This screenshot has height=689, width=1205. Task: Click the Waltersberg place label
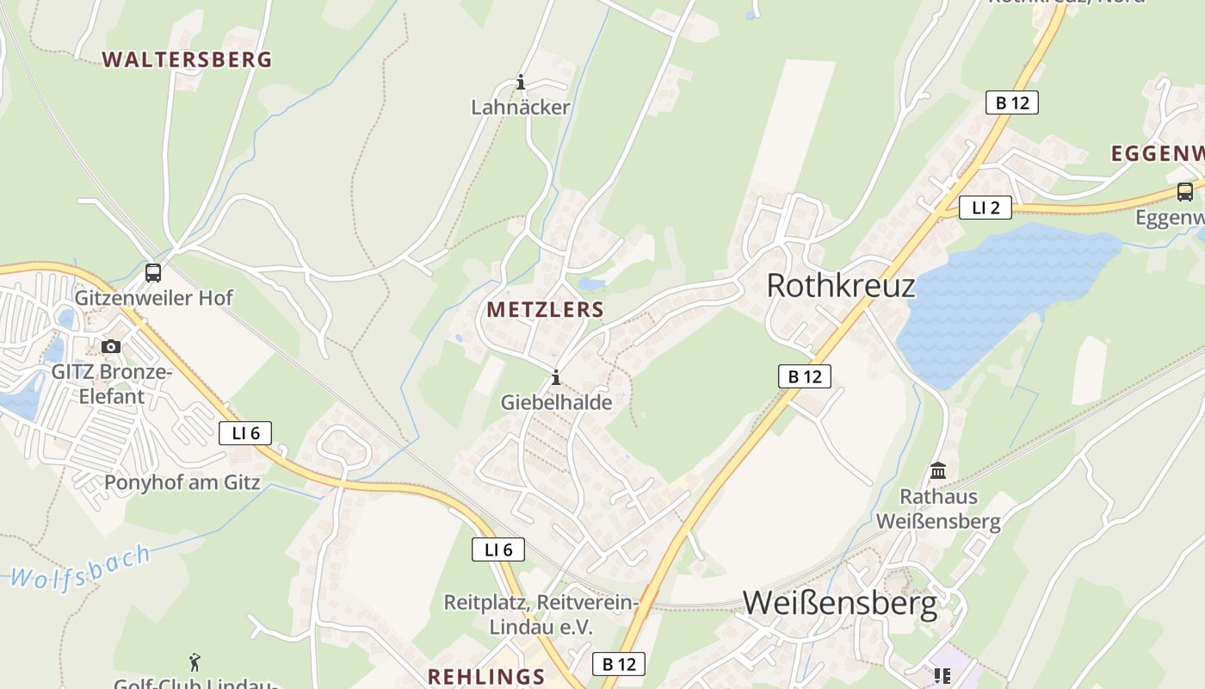tap(187, 59)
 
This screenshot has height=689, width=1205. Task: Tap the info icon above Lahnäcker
tap(520, 83)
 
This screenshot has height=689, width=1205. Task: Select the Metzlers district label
tap(545, 310)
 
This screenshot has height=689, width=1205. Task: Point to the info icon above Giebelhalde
tap(556, 377)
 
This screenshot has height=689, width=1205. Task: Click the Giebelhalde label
tap(556, 402)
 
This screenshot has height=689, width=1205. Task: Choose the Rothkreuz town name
tap(840, 285)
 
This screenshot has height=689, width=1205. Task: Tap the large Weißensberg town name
tap(839, 603)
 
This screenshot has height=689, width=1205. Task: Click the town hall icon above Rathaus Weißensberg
tap(938, 471)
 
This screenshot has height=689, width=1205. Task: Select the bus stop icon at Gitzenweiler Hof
tap(153, 273)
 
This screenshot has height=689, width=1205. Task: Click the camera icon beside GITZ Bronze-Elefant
tap(111, 346)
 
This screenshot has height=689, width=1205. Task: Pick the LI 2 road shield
tap(986, 208)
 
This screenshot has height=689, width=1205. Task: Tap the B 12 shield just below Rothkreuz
tap(805, 376)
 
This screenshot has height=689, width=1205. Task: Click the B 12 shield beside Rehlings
tap(619, 664)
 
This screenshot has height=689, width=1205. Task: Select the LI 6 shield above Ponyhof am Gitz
tap(245, 433)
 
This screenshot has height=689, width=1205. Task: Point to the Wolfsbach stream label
tap(82, 568)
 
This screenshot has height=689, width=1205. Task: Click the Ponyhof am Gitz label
tap(182, 482)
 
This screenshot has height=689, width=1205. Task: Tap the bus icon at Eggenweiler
tap(1185, 192)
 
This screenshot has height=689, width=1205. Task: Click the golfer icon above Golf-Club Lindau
tap(195, 662)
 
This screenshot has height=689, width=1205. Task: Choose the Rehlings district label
tap(486, 676)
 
